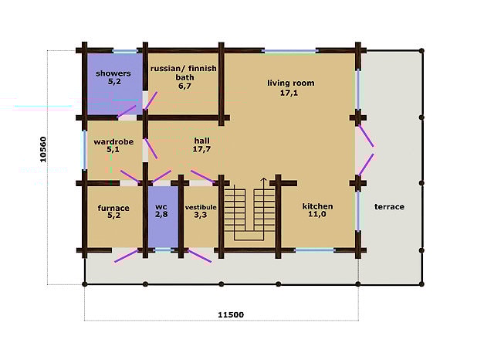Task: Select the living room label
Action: (291, 83)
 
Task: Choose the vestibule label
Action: (200, 208)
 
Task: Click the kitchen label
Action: (317, 206)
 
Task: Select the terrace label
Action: (389, 207)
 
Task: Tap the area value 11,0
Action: (317, 216)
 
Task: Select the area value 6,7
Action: (183, 87)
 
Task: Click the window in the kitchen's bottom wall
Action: (315, 250)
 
